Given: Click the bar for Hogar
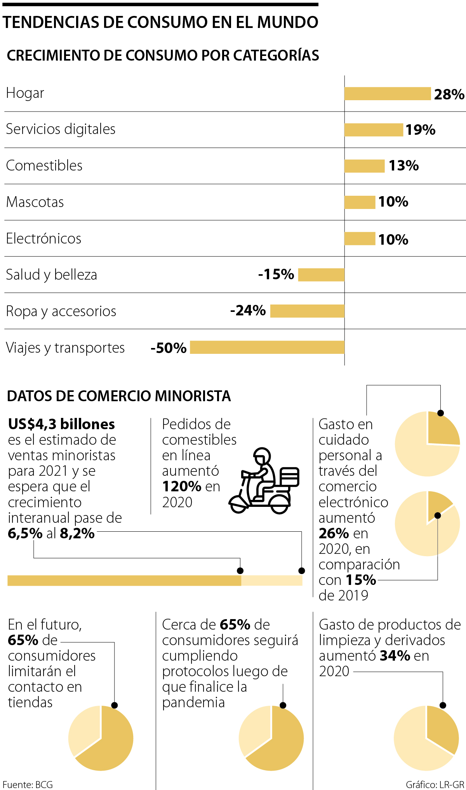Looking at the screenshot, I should click(388, 94).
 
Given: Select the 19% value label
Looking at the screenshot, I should click(420, 130).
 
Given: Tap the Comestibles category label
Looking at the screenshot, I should click(44, 165).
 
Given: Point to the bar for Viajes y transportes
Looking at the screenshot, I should click(267, 347).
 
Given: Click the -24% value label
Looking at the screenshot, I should click(248, 311).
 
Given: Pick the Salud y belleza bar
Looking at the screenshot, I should click(321, 275).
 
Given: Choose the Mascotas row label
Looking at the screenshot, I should click(35, 202).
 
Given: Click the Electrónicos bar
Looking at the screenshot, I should click(360, 238).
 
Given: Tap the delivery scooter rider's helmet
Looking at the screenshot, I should click(262, 455).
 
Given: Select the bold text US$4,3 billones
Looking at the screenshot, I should click(61, 424).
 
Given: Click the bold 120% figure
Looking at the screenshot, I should click(181, 486).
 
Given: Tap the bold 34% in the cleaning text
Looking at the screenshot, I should click(395, 656).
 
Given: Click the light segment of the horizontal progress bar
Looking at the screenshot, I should click(271, 580).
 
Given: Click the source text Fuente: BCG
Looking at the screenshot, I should click(28, 785).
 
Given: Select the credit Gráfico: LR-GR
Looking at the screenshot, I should click(435, 785).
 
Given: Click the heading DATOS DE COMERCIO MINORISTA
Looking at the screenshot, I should click(119, 396).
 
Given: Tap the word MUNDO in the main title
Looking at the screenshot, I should click(288, 23).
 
